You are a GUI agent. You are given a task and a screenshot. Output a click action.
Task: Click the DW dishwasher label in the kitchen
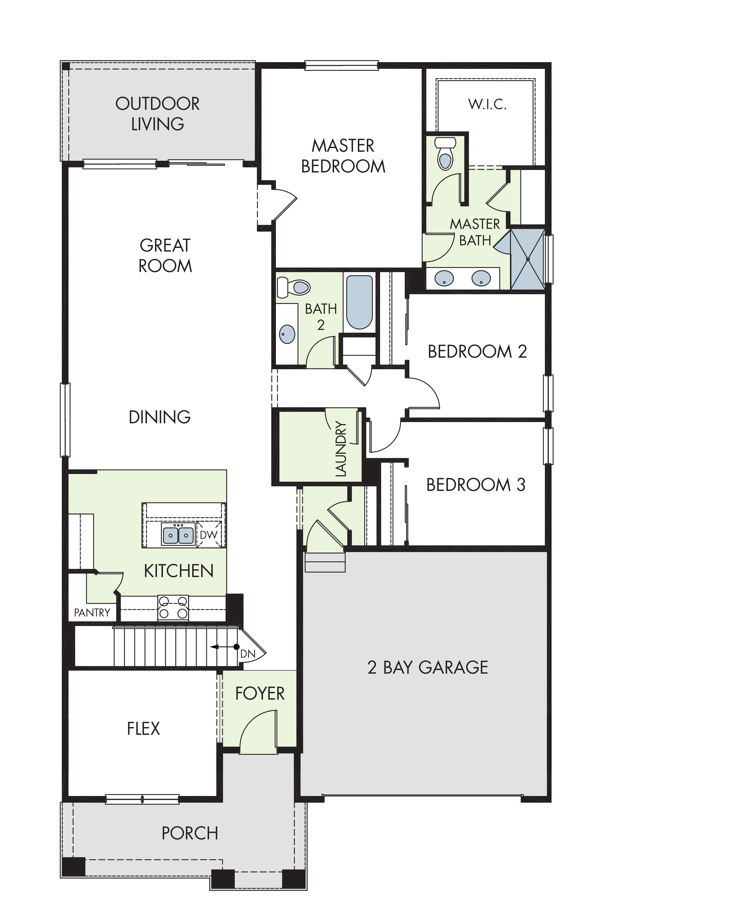coord(208,535)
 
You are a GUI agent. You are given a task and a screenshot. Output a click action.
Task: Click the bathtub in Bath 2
coord(360,302)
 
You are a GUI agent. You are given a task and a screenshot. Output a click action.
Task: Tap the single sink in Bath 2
coord(287,334)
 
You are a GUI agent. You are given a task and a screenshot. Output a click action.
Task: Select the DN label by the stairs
coord(248,654)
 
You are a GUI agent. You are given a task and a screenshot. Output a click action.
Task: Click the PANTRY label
coord(92,612)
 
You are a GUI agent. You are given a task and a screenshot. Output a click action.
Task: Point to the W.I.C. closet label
coord(488,104)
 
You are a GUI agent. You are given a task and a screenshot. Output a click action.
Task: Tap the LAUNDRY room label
coord(341,449)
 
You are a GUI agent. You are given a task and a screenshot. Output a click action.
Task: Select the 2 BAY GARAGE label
coord(428,667)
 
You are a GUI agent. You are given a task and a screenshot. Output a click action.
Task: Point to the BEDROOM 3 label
coord(476,485)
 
